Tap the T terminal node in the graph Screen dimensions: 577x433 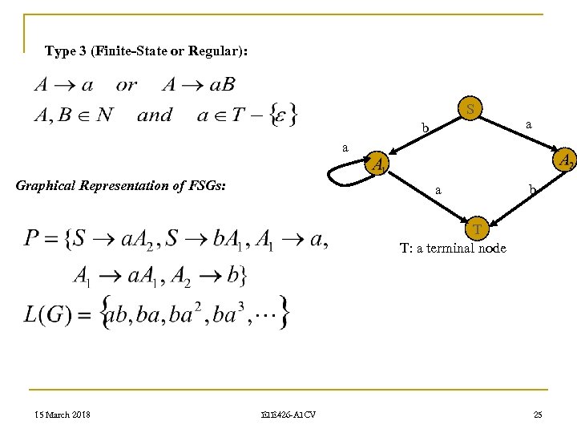[x=478, y=230]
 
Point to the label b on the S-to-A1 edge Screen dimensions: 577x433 [x=427, y=127]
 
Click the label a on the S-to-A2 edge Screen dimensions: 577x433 [x=528, y=124]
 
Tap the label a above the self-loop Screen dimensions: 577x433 [x=345, y=148]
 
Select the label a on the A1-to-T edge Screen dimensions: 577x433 [x=437, y=191]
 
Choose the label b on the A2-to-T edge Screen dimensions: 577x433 [x=531, y=190]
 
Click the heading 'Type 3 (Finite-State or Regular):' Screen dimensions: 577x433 [x=147, y=51]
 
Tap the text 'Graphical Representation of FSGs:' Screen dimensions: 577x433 [x=121, y=187]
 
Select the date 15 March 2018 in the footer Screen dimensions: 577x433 [x=61, y=414]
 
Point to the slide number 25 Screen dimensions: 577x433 [x=538, y=414]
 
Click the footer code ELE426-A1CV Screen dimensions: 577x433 [x=288, y=414]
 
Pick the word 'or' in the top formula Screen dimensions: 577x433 [x=127, y=84]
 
